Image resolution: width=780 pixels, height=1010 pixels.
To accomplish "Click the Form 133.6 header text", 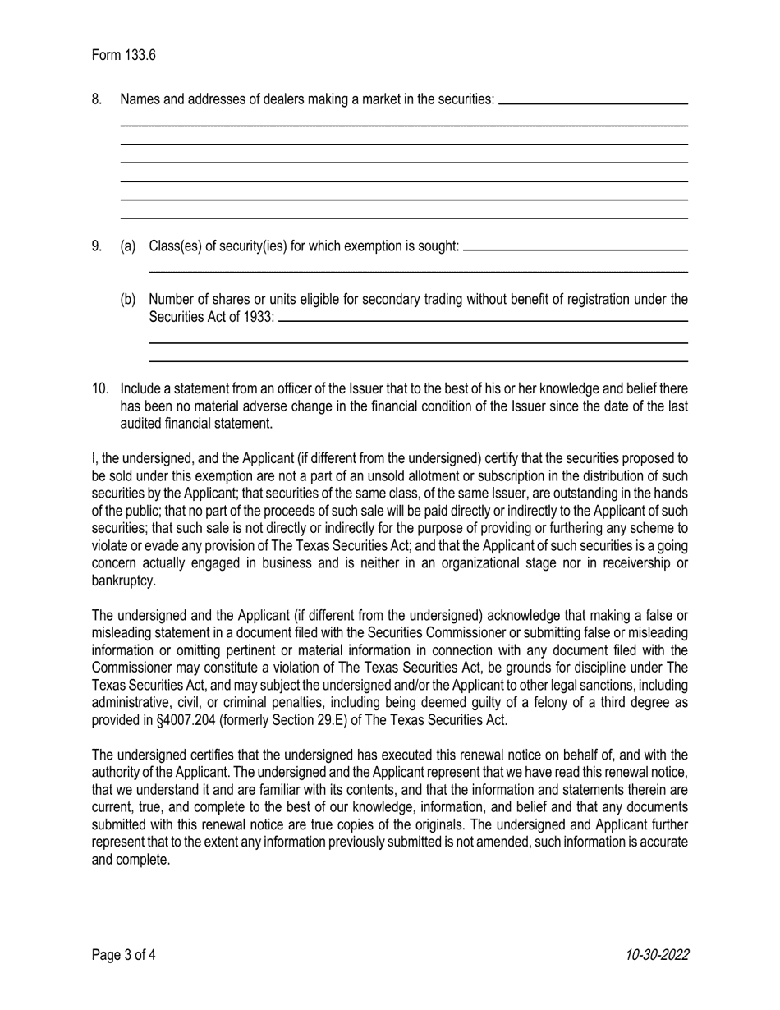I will pos(123,55).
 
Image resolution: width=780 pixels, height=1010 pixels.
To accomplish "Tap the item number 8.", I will pos(97,99).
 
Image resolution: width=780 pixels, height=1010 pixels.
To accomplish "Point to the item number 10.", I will pos(99,388).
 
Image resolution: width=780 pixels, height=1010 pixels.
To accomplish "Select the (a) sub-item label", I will pos(127,246).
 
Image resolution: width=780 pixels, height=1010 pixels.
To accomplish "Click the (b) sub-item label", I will pos(127,300).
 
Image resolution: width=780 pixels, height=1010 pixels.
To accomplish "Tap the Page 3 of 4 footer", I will pos(123,954).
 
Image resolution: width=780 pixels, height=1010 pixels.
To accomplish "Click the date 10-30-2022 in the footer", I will pos(656,954).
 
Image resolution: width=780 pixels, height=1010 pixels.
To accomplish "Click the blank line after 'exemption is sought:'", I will pos(575,249).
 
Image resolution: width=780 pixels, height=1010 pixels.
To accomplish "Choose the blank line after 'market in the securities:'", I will pos(593,103).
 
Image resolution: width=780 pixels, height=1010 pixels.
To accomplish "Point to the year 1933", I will pos(258,318).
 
